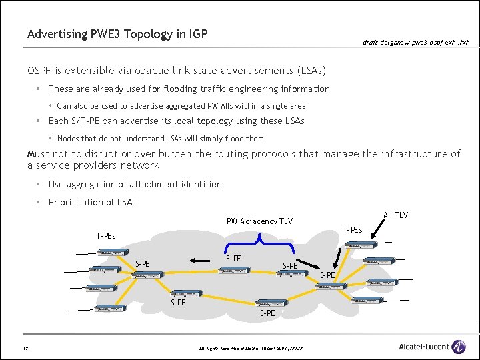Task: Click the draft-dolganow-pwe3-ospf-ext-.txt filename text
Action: coord(415,43)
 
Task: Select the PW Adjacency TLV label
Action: coord(259,221)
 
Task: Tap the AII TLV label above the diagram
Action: coord(396,215)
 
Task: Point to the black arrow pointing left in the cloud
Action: coord(197,261)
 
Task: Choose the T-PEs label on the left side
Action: coord(105,235)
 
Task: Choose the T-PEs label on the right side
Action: coord(352,230)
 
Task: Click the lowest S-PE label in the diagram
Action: coord(267,312)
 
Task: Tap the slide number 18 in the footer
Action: coord(25,347)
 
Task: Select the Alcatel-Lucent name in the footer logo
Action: coord(423,347)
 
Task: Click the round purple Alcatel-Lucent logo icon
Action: coord(458,347)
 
